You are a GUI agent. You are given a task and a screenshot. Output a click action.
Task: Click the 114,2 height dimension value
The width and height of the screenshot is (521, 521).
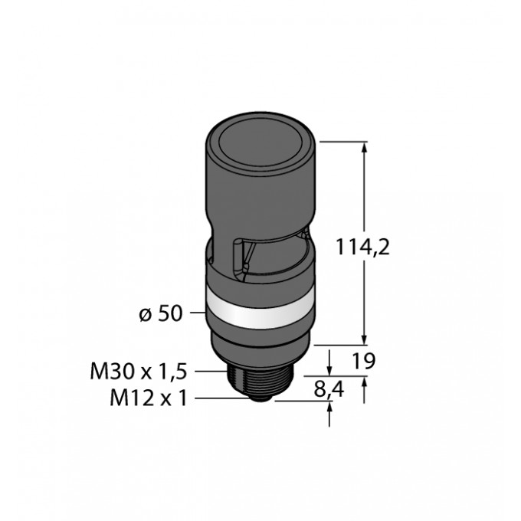(363, 247)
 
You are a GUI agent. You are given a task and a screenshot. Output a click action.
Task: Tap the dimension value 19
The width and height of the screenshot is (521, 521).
(363, 361)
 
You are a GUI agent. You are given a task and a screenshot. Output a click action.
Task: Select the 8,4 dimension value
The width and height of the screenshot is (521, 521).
(329, 389)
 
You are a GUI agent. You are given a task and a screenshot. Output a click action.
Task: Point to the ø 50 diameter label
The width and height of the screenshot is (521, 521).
(161, 313)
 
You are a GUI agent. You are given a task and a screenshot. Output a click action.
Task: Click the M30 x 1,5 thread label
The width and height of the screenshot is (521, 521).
(139, 372)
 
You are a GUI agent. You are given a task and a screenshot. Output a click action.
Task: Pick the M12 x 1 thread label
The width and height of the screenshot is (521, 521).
(149, 398)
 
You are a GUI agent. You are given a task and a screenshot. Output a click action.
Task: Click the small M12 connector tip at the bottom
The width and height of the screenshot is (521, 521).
(260, 398)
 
